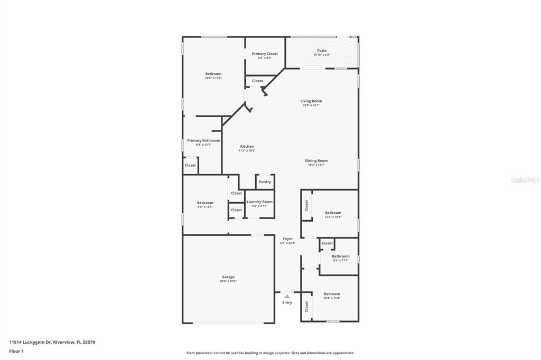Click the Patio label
pyautogui.click(x=322, y=51)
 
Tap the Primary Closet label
pyautogui.click(x=265, y=54)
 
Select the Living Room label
pyautogui.click(x=311, y=101)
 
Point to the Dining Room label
pyautogui.click(x=316, y=160)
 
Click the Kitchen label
pyautogui.click(x=247, y=146)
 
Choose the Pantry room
pyautogui.click(x=265, y=182)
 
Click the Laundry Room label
pyautogui.click(x=259, y=202)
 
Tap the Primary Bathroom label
pyautogui.click(x=203, y=140)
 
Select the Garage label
pyautogui.click(x=228, y=277)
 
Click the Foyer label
pyautogui.click(x=287, y=239)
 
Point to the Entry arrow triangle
pyautogui.click(x=287, y=297)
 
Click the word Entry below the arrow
pyautogui.click(x=287, y=302)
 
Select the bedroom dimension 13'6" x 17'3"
pyautogui.click(x=213, y=78)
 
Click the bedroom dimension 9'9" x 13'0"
pyautogui.click(x=205, y=207)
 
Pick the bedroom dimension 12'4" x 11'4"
pyautogui.click(x=332, y=298)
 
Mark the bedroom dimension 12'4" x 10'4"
pyautogui.click(x=333, y=217)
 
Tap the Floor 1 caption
pyautogui.click(x=16, y=350)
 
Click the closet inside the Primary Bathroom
pyautogui.click(x=190, y=165)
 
